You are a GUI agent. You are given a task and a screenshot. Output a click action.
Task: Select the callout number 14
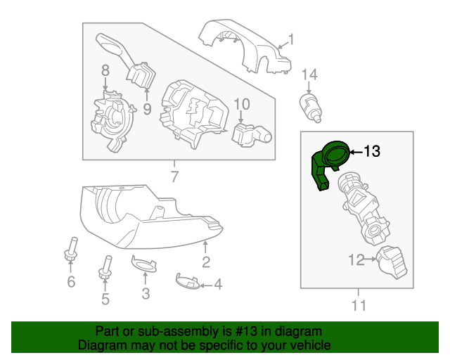(310, 74)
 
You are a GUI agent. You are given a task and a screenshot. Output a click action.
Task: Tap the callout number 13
(372, 150)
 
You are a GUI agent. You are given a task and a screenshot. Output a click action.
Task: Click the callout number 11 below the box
(359, 305)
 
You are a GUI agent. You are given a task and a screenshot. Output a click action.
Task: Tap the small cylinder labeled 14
(309, 105)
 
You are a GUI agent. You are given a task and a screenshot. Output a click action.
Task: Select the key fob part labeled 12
(391, 263)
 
